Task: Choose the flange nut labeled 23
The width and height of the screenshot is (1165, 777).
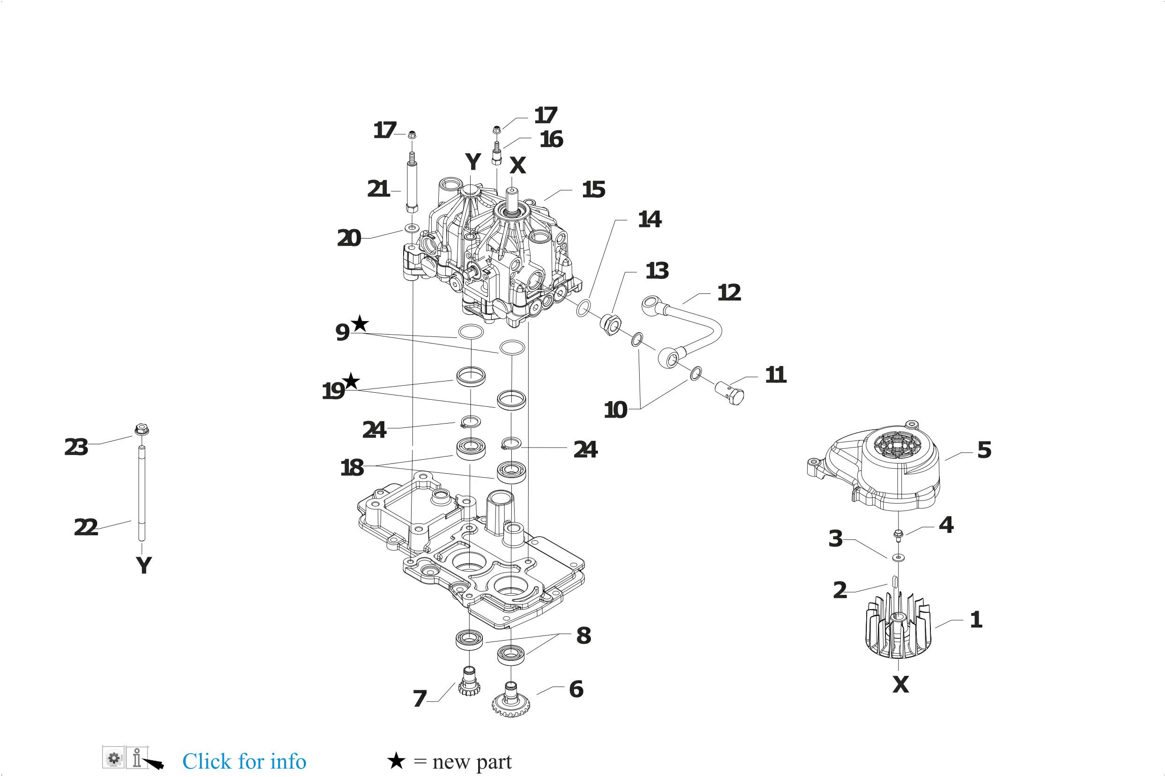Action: click(x=141, y=429)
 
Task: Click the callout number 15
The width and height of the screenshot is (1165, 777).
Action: click(x=593, y=190)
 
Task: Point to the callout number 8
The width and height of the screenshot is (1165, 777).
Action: click(x=583, y=635)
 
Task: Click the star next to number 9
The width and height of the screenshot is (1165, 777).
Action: click(x=360, y=324)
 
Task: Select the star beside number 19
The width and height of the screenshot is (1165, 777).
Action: click(x=351, y=381)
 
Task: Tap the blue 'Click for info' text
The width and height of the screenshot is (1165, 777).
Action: click(x=244, y=761)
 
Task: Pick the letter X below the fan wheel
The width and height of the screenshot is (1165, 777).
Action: click(x=900, y=685)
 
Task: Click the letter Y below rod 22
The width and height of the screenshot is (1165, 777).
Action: click(x=144, y=565)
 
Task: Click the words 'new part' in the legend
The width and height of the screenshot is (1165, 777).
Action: click(x=472, y=762)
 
